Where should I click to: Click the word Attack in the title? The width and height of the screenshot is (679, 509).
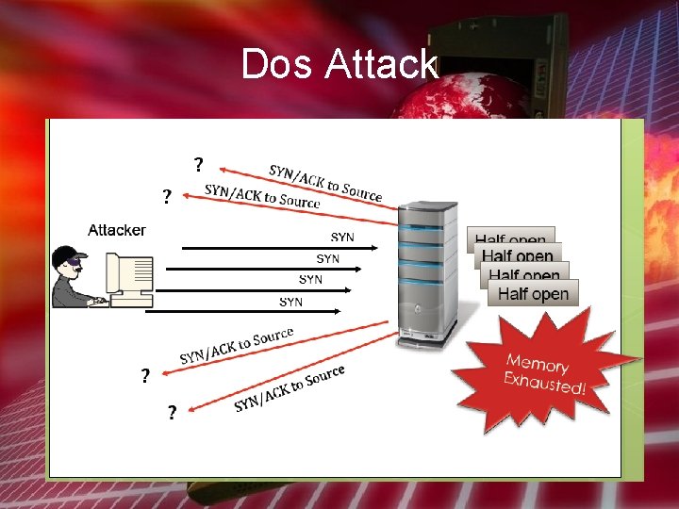pyautogui.click(x=381, y=64)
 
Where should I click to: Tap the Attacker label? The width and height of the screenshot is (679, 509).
pyautogui.click(x=117, y=230)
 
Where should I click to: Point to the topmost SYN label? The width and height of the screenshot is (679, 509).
pyautogui.click(x=342, y=238)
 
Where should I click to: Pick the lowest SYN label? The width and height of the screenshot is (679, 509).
pyautogui.click(x=290, y=302)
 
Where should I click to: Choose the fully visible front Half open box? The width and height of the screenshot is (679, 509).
pyautogui.click(x=533, y=294)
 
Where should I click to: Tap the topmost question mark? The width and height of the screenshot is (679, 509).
pyautogui.click(x=198, y=165)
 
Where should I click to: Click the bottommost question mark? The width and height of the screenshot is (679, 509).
pyautogui.click(x=172, y=413)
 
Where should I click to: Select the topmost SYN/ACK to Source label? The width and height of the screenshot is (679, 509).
pyautogui.click(x=325, y=183)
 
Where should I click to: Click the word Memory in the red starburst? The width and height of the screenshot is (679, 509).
pyautogui.click(x=537, y=363)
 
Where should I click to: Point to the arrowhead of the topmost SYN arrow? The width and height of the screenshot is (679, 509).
pyautogui.click(x=374, y=248)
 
